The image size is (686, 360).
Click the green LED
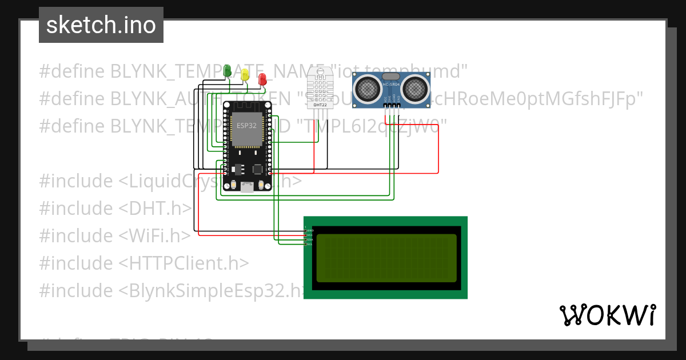pos(227,70)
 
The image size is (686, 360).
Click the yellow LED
pos(245,74)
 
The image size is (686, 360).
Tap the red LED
pos(262,79)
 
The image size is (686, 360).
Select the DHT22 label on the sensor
pos(320,105)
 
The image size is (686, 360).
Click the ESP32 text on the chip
pos(246,126)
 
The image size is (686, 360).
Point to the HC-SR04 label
pos(390,85)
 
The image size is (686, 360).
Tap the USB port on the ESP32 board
pos(247,187)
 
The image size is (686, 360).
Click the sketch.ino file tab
pos(101,25)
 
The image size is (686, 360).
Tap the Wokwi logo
pos(607,315)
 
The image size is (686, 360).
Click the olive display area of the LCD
pos(386,258)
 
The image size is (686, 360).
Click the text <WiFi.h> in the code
pos(154,235)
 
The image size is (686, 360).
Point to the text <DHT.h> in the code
pos(155,208)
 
